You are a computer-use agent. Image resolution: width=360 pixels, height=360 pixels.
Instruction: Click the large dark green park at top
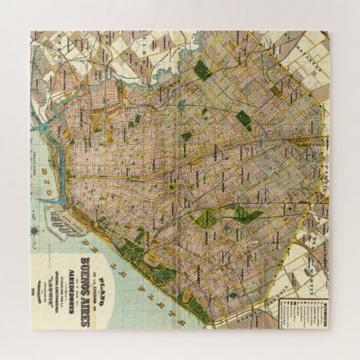(202, 70)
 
